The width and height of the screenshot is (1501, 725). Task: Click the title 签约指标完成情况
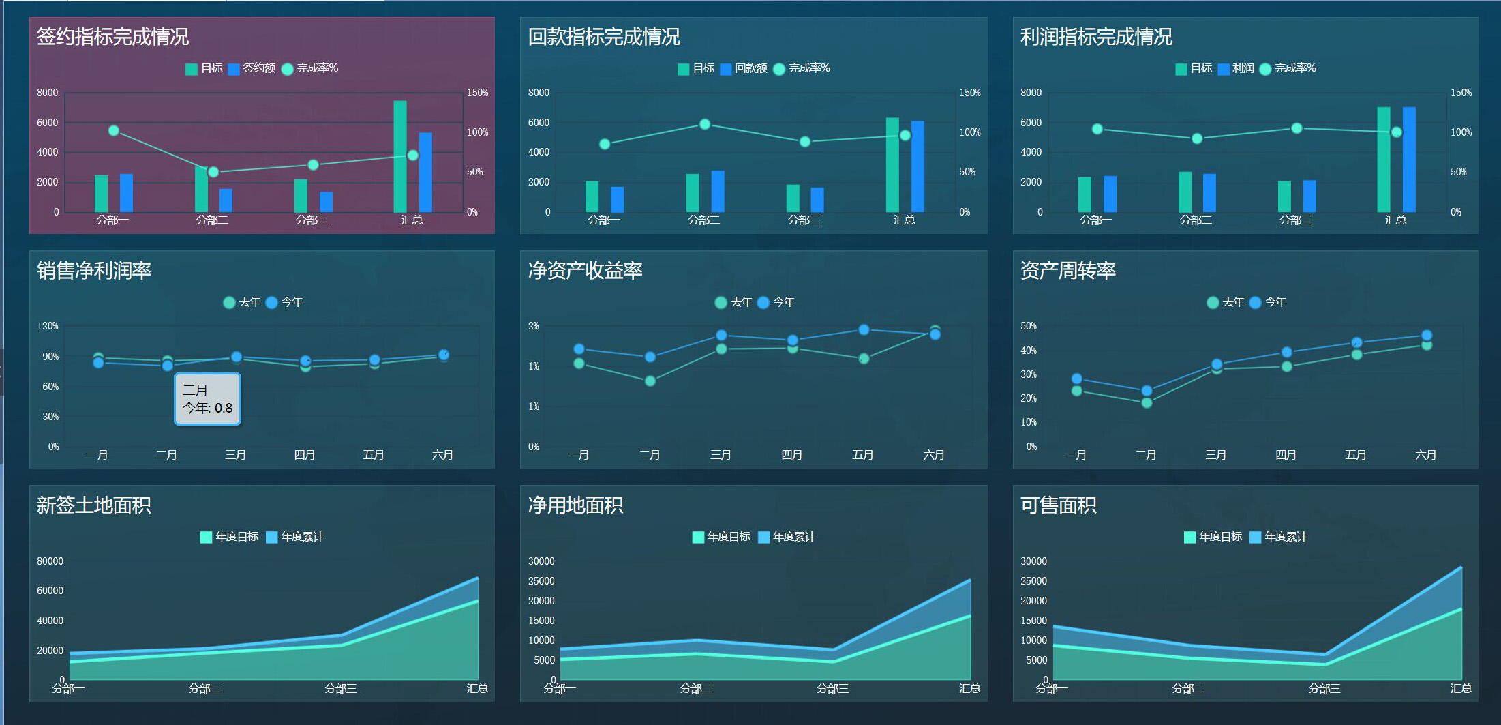tap(112, 37)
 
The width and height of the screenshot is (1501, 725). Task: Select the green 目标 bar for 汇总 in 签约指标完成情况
tap(400, 156)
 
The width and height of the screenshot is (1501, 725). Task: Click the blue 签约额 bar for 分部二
tap(226, 200)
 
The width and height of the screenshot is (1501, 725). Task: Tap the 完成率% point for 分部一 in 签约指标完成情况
tap(114, 130)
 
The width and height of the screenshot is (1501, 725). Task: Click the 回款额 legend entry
tap(744, 68)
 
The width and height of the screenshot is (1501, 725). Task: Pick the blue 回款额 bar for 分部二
tap(718, 191)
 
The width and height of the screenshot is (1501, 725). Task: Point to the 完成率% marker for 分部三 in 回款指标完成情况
tap(805, 141)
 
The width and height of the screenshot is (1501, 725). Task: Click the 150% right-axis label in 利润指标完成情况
tap(1461, 93)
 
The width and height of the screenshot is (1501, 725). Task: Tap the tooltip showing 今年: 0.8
tap(207, 399)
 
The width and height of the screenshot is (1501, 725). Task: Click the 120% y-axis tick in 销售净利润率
tap(48, 326)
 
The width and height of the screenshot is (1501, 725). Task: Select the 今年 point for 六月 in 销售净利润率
tap(444, 354)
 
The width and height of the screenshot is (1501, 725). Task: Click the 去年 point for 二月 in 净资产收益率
tap(650, 381)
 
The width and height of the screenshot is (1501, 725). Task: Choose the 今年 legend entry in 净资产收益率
tap(776, 302)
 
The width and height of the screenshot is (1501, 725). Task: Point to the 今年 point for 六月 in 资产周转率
tap(1427, 335)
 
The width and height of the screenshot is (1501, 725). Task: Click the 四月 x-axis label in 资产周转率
tap(1286, 455)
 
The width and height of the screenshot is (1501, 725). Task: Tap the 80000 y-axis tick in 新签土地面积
tap(50, 561)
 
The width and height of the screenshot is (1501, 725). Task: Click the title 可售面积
tap(1058, 505)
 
